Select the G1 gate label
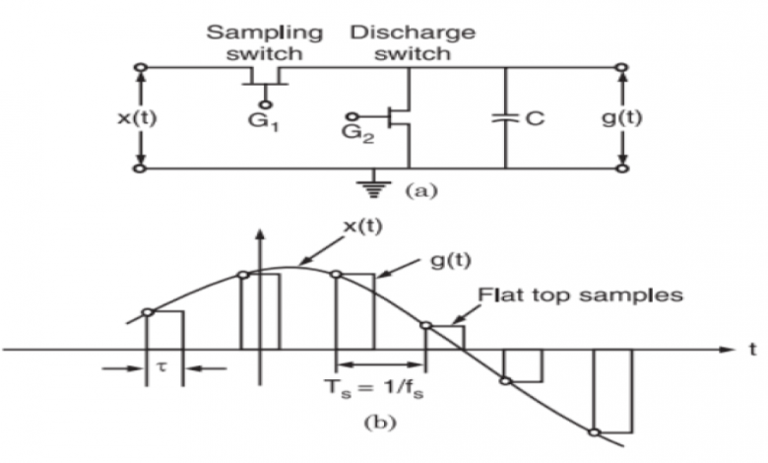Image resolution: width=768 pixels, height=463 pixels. click(266, 124)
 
